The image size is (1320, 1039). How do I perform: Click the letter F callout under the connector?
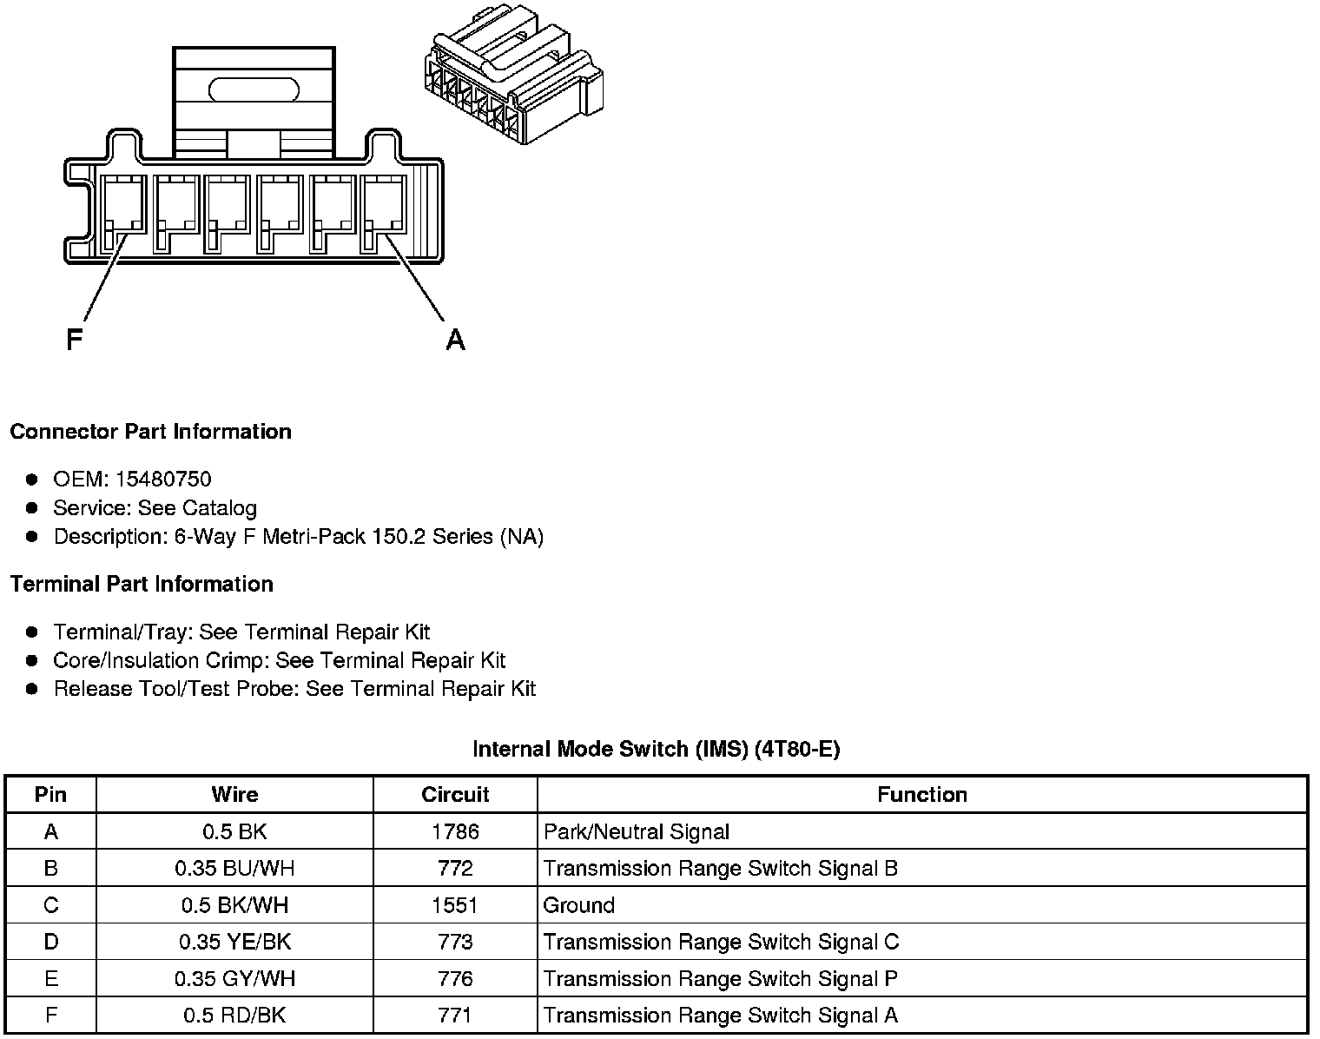[75, 339]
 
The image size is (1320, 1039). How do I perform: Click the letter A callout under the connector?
[455, 340]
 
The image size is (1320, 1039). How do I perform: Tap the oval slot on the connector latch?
[254, 89]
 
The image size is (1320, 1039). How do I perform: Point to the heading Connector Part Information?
[150, 432]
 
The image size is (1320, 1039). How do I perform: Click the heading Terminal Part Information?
[142, 584]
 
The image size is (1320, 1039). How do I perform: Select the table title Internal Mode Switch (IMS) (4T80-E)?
[656, 749]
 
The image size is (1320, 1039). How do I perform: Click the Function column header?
[921, 795]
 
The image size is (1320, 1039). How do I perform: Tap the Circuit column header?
[455, 795]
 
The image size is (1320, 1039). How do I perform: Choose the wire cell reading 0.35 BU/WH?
[234, 869]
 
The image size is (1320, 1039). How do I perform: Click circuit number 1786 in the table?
[455, 832]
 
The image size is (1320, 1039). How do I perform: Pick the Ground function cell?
[579, 905]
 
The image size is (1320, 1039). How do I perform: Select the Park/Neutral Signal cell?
[637, 832]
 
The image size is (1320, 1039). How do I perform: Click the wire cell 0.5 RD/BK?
[234, 1016]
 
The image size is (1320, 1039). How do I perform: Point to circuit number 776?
[455, 979]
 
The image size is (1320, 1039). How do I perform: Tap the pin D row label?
[51, 943]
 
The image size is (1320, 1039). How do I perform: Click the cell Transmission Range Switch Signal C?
[721, 943]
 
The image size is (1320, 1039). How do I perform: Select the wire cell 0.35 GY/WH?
[234, 979]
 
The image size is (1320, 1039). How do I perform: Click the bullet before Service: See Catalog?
[32, 508]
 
